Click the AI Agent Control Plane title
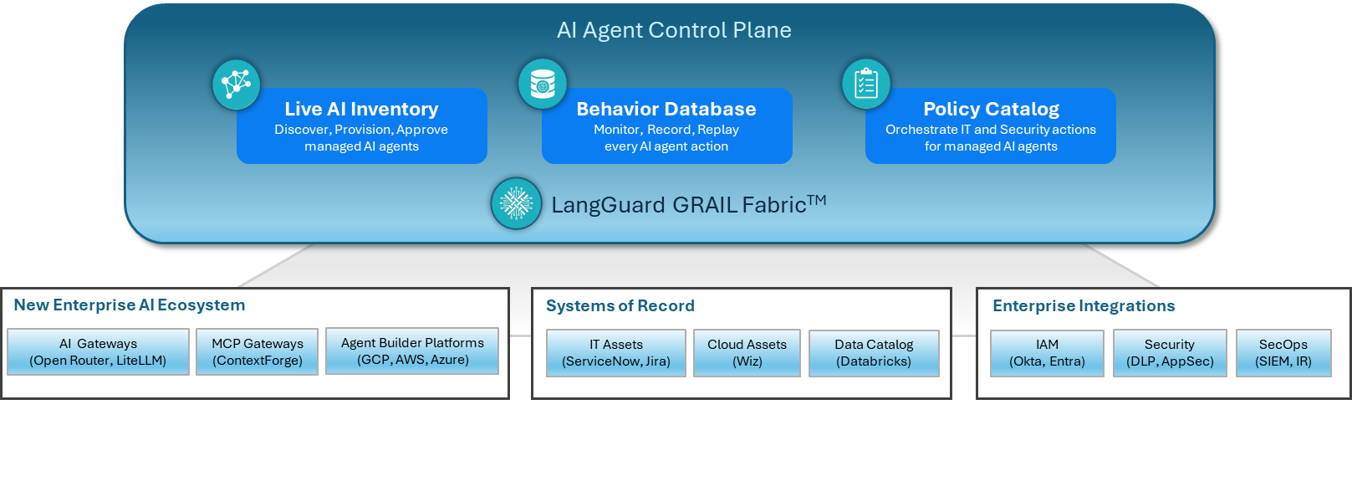pos(674,31)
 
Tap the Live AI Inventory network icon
pos(237,85)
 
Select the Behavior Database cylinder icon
pos(543,85)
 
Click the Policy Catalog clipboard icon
pos(866,85)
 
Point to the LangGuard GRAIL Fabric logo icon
pos(516,203)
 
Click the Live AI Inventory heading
pos(361,110)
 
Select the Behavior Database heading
pos(666,110)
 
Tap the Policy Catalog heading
pos(991,110)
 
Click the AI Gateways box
pos(98,352)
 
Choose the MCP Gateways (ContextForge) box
pos(257,352)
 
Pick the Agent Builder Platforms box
pos(412,351)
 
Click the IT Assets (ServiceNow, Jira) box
pos(616,353)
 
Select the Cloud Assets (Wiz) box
pos(747,353)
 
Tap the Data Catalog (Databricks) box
pos(874,353)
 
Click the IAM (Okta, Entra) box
pos(1047,353)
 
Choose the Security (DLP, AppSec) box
pos(1170,353)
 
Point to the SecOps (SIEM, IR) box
pos(1283,353)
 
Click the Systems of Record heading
pos(620,306)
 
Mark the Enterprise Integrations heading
pos(1084,306)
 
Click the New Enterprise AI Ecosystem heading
pos(130,305)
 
